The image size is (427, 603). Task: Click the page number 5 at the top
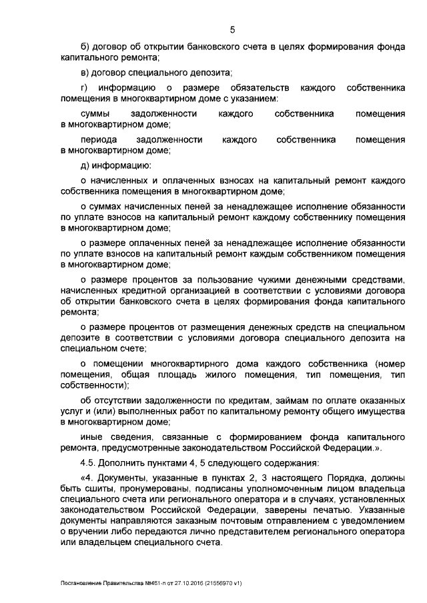pyautogui.click(x=233, y=29)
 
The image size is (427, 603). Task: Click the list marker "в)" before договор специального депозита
pyautogui.click(x=84, y=72)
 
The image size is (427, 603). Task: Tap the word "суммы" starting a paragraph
pyautogui.click(x=95, y=114)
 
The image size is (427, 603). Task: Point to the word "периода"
pyautogui.click(x=98, y=140)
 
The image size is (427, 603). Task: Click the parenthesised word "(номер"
pyautogui.click(x=390, y=364)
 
